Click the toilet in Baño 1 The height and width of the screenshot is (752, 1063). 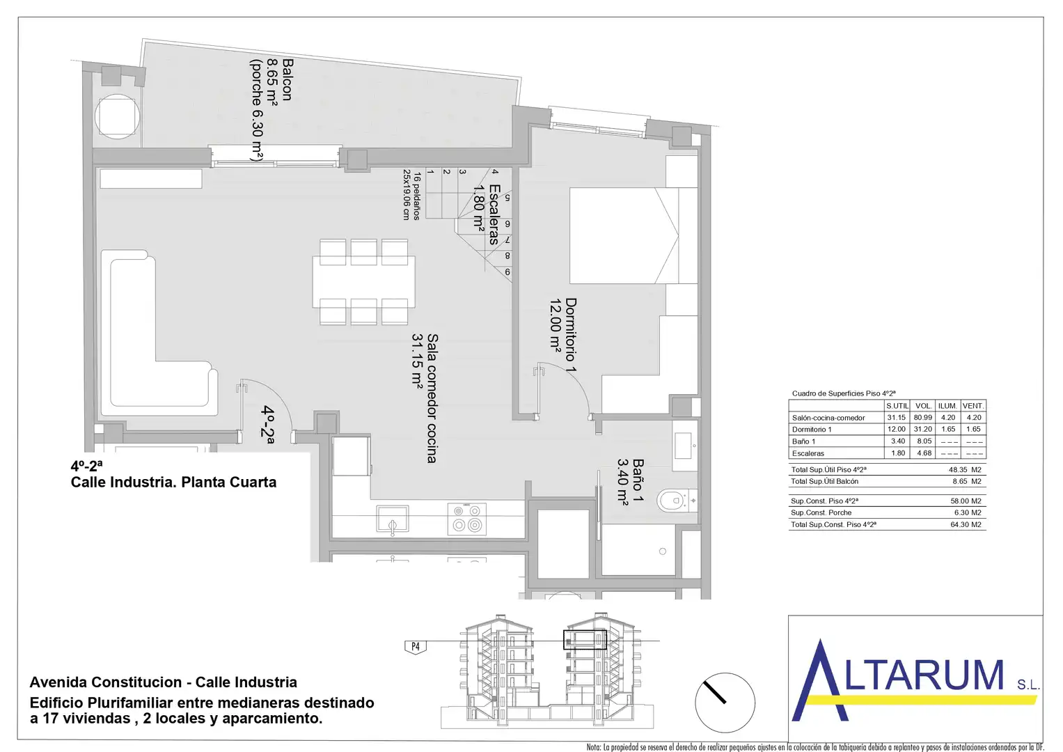(x=677, y=501)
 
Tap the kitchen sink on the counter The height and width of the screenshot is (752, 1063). (x=393, y=519)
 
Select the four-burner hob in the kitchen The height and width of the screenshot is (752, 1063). (x=466, y=519)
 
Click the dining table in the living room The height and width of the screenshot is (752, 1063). (x=363, y=282)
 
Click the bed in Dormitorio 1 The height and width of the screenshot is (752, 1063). (x=633, y=235)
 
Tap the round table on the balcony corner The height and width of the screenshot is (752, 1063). (x=117, y=116)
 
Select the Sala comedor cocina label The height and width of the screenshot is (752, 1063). (x=432, y=398)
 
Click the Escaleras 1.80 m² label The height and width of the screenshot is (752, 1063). (x=487, y=214)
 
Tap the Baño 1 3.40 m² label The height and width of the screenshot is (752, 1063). (x=630, y=481)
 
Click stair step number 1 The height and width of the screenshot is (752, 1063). (x=430, y=172)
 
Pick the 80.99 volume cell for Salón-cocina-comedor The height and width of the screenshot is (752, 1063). (x=923, y=417)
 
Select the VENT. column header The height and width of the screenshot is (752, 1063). (x=973, y=406)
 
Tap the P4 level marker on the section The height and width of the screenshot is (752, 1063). (x=415, y=647)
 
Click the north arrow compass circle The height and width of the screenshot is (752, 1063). (x=725, y=703)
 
